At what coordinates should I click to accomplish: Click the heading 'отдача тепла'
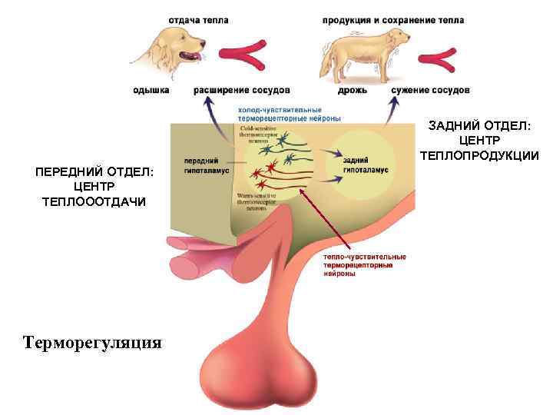(x=198, y=21)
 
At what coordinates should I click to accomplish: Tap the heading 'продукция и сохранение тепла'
(x=393, y=21)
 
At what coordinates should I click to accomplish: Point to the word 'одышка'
(x=151, y=91)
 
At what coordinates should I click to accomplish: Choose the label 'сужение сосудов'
(x=430, y=91)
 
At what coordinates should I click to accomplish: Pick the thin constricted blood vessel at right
(x=445, y=55)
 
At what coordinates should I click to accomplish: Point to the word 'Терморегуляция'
(x=92, y=342)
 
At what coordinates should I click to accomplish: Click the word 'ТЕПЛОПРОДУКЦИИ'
(x=479, y=156)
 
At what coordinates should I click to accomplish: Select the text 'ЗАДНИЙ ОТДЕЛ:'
(x=480, y=125)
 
